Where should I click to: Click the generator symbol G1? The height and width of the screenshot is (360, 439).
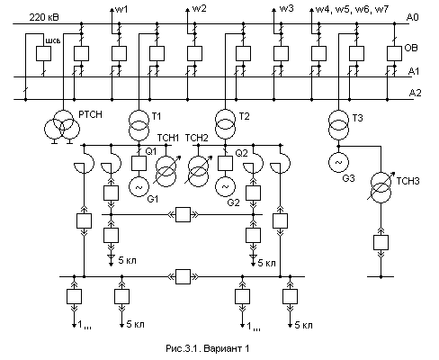pyautogui.click(x=139, y=187)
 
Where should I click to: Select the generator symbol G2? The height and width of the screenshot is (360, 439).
pyautogui.click(x=225, y=187)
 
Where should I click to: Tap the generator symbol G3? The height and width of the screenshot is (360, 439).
pyautogui.click(x=338, y=162)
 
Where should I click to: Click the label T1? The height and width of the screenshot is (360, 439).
pyautogui.click(x=157, y=116)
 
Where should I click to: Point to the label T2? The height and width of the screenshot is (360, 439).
pyautogui.click(x=245, y=116)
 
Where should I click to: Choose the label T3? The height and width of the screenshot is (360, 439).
pyautogui.click(x=357, y=118)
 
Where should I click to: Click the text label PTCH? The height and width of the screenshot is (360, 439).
pyautogui.click(x=90, y=114)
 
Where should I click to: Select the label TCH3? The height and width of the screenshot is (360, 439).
pyautogui.click(x=408, y=181)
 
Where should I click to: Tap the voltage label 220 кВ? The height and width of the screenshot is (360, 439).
pyautogui.click(x=44, y=17)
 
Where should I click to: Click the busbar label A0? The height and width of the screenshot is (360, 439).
pyautogui.click(x=412, y=17)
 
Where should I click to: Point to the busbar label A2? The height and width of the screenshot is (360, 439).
pyautogui.click(x=415, y=93)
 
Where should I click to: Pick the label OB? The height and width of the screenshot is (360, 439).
pyautogui.click(x=411, y=48)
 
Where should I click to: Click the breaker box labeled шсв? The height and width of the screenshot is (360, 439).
pyautogui.click(x=43, y=54)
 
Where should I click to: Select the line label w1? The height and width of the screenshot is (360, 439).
pyautogui.click(x=121, y=9)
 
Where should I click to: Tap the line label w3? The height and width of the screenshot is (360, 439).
pyautogui.click(x=287, y=8)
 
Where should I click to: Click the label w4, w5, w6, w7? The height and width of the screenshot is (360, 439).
pyautogui.click(x=352, y=9)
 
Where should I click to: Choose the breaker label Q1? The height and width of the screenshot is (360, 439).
pyautogui.click(x=151, y=151)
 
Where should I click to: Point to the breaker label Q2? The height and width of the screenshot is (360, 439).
pyautogui.click(x=241, y=153)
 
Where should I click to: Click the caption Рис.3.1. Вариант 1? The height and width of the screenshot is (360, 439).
pyautogui.click(x=208, y=348)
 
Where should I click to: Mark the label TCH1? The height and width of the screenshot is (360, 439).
pyautogui.click(x=168, y=138)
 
